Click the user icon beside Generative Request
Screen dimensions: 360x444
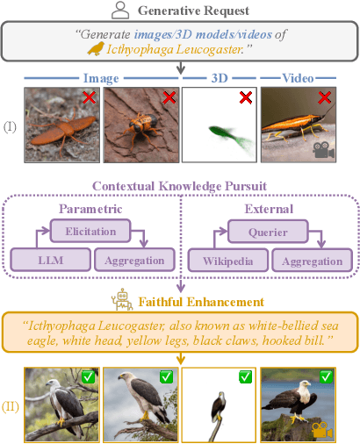[x=120, y=10]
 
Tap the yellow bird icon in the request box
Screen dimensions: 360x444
[x=96, y=48]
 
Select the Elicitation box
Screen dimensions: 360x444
[x=90, y=231]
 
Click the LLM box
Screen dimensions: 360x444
[x=51, y=260]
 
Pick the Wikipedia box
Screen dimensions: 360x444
[x=228, y=261]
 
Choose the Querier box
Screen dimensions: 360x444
[x=268, y=232]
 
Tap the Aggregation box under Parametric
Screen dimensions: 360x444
[x=134, y=260]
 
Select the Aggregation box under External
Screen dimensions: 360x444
[x=313, y=261]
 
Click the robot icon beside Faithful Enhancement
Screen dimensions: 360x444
[x=122, y=299]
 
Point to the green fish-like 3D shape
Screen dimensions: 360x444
[x=231, y=138]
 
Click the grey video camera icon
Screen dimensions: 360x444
[x=323, y=150]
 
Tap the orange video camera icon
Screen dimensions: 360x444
[x=322, y=430]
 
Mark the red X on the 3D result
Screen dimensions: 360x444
[x=246, y=97]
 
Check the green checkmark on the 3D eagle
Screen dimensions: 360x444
[x=246, y=377]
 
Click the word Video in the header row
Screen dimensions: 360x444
[x=298, y=78]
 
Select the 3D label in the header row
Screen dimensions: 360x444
[x=220, y=78]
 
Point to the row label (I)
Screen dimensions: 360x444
[x=10, y=127]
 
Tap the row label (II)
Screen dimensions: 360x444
[x=11, y=407]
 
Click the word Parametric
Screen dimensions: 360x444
[x=90, y=209]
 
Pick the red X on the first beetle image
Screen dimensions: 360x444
[x=89, y=97]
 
